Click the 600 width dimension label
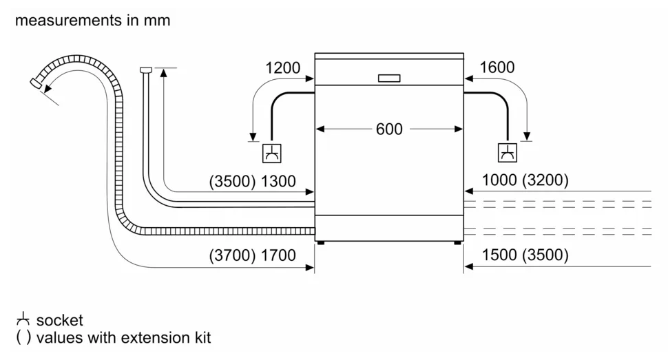[389, 129]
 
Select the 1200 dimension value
[282, 67]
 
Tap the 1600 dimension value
[497, 67]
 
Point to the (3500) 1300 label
[252, 182]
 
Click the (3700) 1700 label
[252, 255]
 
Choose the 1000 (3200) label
[525, 180]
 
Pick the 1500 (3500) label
[525, 255]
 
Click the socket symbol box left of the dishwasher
[272, 153]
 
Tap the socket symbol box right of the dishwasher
[508, 153]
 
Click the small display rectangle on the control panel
[389, 78]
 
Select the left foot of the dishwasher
[321, 243]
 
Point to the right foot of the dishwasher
[457, 243]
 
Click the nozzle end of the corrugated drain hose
[36, 83]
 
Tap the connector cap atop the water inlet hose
[146, 70]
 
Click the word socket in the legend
[60, 320]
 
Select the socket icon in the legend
[23, 319]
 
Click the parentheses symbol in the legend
[23, 338]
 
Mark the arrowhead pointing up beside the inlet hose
[164, 72]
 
